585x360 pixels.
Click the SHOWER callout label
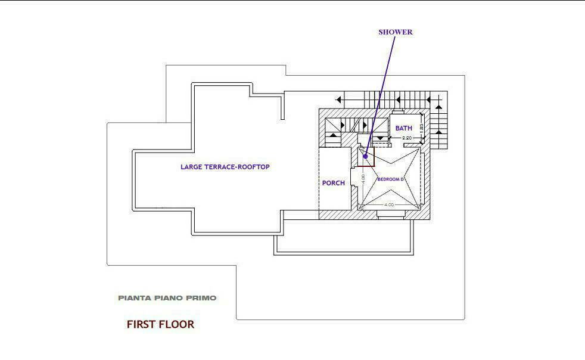click(x=395, y=32)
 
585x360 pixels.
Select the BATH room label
click(x=403, y=128)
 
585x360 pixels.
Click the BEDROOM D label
click(x=391, y=179)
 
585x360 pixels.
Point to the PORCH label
click(x=333, y=183)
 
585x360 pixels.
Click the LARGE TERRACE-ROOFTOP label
click(x=225, y=167)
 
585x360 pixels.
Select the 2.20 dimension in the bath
click(x=407, y=138)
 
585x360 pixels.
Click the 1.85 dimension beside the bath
click(x=421, y=127)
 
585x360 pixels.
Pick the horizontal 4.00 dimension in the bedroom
click(x=389, y=205)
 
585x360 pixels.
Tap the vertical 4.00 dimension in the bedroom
click(x=363, y=178)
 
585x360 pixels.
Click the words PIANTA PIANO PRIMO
click(x=167, y=297)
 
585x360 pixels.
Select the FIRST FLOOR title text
click(x=160, y=324)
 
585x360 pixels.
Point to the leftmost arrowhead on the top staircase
click(x=339, y=100)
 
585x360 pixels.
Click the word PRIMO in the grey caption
click(x=203, y=297)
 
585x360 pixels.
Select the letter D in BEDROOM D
click(x=403, y=179)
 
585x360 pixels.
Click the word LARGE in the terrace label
click(x=192, y=167)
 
